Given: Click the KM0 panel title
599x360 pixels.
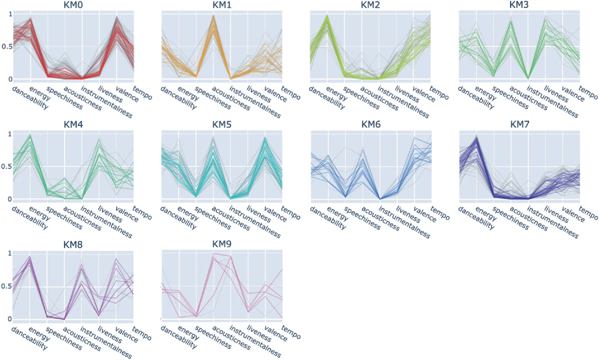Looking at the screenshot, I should click(x=73, y=5).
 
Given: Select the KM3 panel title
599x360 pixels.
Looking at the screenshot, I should click(x=520, y=5).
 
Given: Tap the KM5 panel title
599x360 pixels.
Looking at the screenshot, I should click(x=222, y=125).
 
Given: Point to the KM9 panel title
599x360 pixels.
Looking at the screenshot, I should click(x=222, y=245).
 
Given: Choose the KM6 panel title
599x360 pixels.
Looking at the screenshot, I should click(x=371, y=125).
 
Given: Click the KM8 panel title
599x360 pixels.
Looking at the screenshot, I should click(x=73, y=245).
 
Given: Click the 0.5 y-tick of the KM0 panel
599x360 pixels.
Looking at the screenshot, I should click(x=7, y=46).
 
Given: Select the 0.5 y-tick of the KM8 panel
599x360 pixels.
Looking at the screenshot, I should click(x=7, y=286).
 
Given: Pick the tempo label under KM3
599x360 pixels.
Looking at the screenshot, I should click(x=588, y=93).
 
